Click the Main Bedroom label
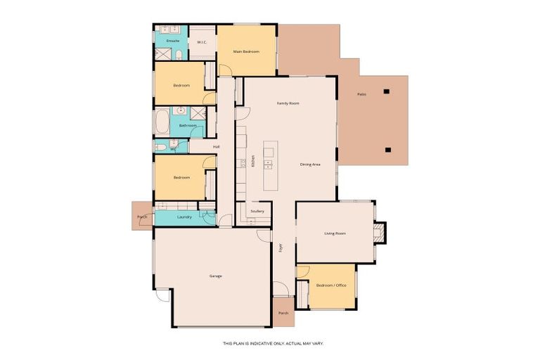[246, 51]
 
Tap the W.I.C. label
[201, 42]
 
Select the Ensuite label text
[172, 41]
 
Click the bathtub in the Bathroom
[162, 121]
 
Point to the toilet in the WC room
[161, 146]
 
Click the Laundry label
[185, 217]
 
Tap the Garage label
[216, 276]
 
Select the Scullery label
[257, 211]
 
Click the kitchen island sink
[269, 166]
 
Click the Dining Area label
[310, 164]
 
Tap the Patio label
[361, 94]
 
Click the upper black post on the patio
[386, 91]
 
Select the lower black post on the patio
[387, 149]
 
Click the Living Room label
[335, 233]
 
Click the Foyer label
[279, 247]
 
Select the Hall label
[216, 146]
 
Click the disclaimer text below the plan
[273, 343]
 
